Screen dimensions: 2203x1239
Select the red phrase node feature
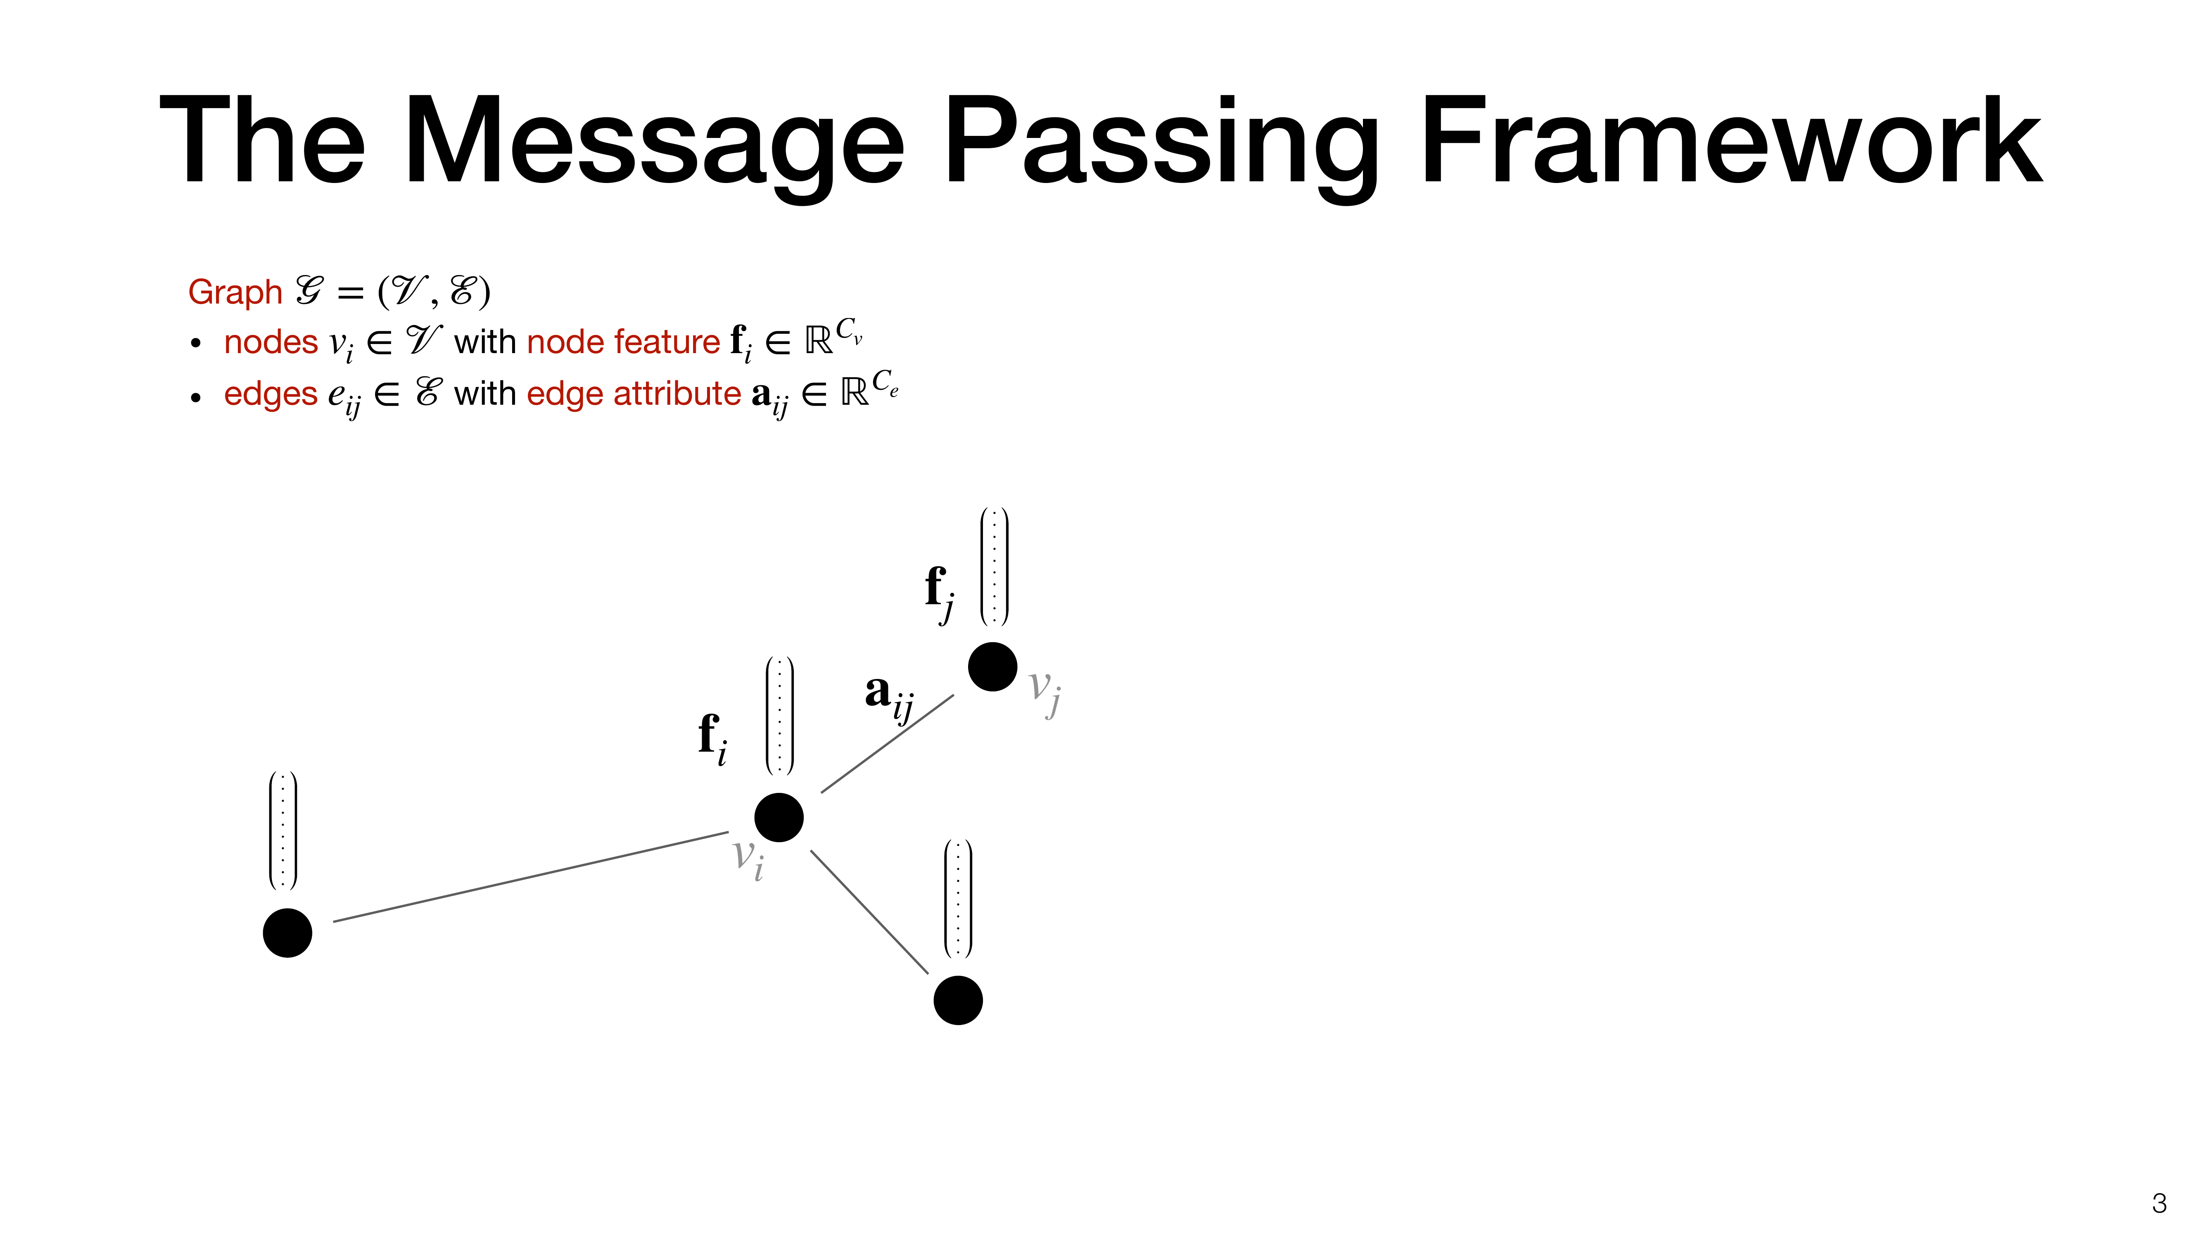[624, 342]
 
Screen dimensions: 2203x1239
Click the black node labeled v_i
[779, 817]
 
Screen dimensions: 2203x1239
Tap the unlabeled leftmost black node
[287, 933]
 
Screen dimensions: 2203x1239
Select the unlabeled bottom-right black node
[958, 1000]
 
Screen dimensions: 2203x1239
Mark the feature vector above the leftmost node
[283, 830]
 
